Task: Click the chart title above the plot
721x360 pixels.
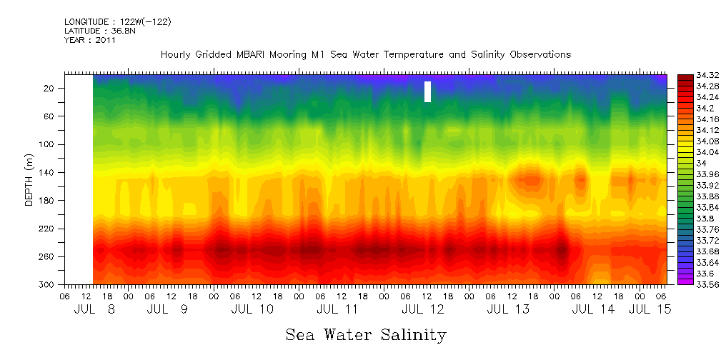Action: [365, 55]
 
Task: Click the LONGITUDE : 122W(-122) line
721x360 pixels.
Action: [117, 22]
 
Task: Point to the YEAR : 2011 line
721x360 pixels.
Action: [90, 41]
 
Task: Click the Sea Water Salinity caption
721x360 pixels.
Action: [365, 334]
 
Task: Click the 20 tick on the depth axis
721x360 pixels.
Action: [50, 88]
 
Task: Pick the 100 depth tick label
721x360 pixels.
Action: [48, 144]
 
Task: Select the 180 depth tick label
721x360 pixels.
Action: [48, 201]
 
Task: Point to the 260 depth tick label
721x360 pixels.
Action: [48, 256]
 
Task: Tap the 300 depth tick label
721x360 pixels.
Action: [48, 284]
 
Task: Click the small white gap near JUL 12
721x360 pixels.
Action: [427, 91]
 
